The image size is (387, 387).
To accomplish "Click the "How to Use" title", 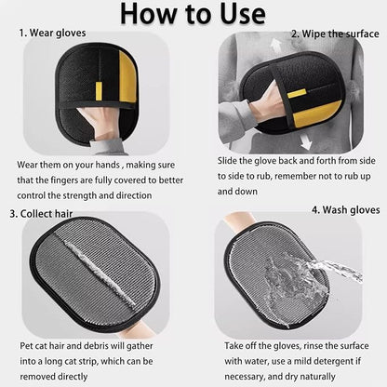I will click(193, 15).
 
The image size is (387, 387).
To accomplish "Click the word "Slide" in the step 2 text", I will click(231, 160).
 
